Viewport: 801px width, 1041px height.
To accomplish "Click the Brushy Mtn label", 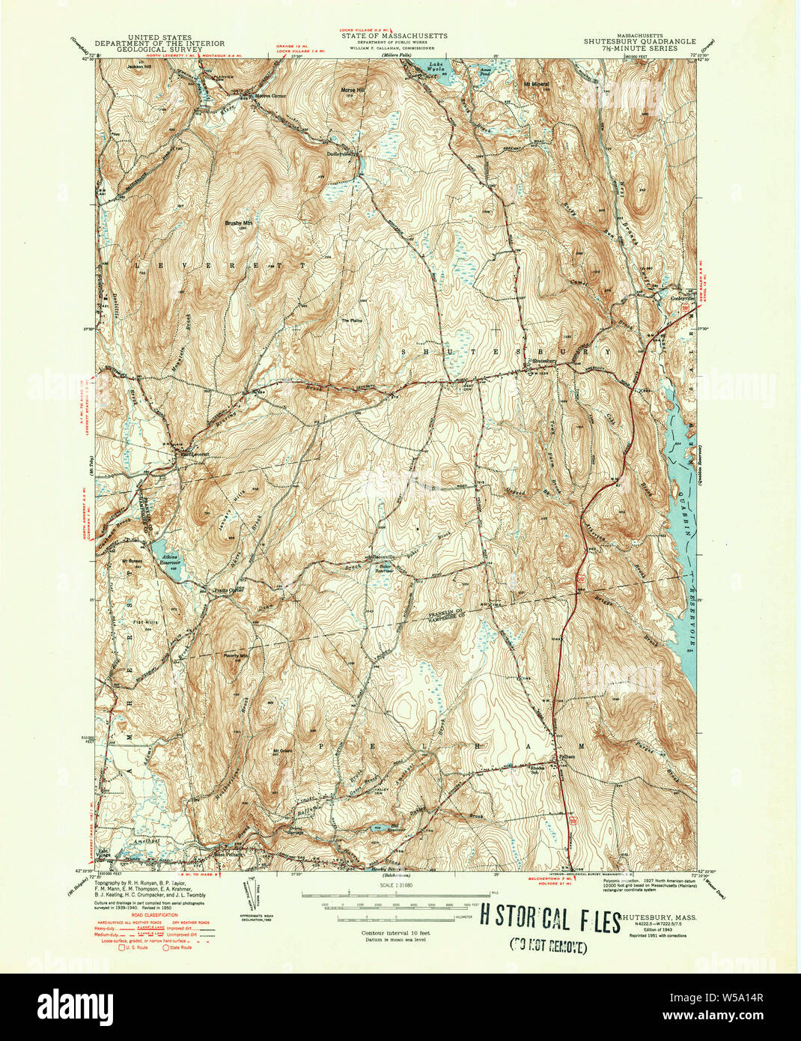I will click(237, 222).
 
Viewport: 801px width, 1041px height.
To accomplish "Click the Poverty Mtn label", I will click(236, 654).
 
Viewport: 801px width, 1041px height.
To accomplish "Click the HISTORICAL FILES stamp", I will click(549, 919).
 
